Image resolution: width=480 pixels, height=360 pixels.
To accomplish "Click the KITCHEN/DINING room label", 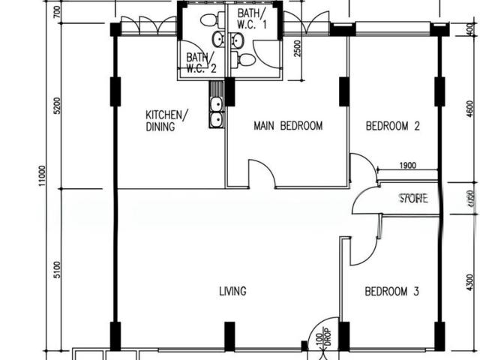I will pyautogui.click(x=166, y=121).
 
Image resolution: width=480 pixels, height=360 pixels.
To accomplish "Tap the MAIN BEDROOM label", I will pyautogui.click(x=288, y=126).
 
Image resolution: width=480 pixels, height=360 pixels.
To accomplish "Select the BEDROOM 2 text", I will pyautogui.click(x=392, y=126).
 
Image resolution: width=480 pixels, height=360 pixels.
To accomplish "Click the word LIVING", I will pyautogui.click(x=232, y=291).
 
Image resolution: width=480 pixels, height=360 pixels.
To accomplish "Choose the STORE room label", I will pyautogui.click(x=413, y=199).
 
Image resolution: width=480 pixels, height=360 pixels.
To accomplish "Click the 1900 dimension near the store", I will pyautogui.click(x=407, y=166).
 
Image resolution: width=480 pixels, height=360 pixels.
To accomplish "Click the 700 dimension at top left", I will pyautogui.click(x=56, y=13).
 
